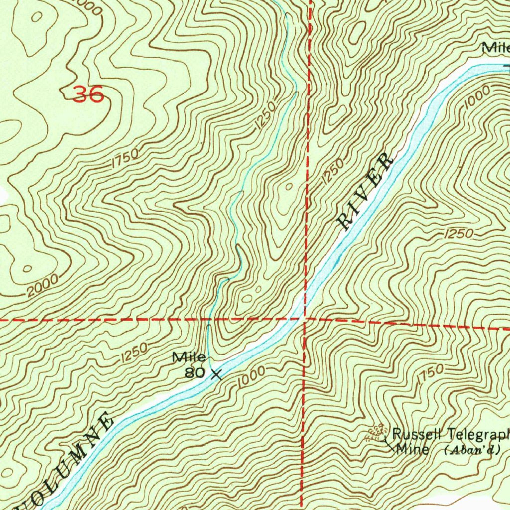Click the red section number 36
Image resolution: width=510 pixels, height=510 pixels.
tap(88, 94)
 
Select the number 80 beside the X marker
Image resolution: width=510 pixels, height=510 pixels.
tap(195, 372)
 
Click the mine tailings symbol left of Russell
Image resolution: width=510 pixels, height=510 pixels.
tap(376, 432)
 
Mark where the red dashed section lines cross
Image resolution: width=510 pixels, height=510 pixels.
tap(304, 319)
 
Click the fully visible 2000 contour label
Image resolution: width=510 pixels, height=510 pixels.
tap(42, 286)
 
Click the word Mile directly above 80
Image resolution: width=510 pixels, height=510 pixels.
tap(189, 357)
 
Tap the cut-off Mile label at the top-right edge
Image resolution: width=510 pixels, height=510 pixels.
tap(496, 48)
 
